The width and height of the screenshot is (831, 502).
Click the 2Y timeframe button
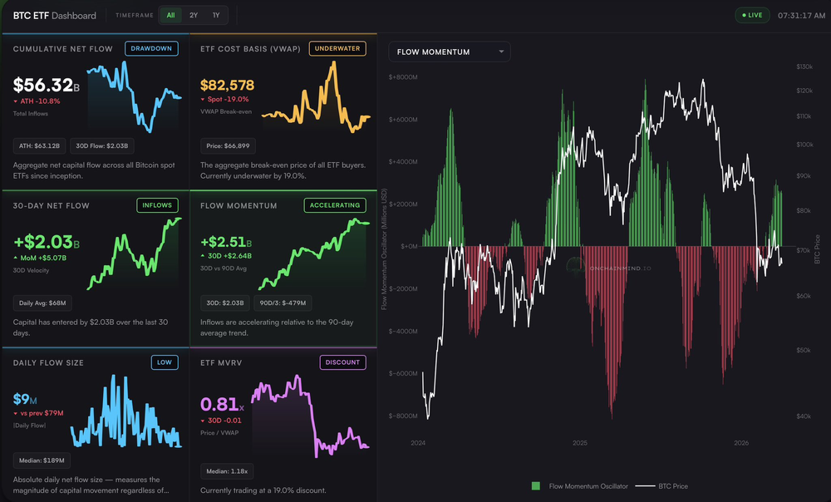click(194, 15)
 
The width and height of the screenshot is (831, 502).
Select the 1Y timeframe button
click(216, 15)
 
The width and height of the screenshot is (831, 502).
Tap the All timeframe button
click(170, 15)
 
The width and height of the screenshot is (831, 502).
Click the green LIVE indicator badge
click(752, 15)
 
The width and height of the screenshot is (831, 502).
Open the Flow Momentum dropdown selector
click(450, 52)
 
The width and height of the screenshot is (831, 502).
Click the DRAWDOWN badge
click(151, 48)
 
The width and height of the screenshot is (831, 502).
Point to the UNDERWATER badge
click(337, 48)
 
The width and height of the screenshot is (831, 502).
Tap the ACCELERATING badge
click(335, 204)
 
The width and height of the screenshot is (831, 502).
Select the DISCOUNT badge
click(342, 362)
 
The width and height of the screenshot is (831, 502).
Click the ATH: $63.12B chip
click(38, 145)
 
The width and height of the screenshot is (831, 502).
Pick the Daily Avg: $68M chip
click(42, 303)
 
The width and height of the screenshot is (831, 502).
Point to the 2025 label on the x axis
click(580, 443)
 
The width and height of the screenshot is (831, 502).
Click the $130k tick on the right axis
click(804, 66)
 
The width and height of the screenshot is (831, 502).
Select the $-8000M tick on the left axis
click(402, 416)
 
